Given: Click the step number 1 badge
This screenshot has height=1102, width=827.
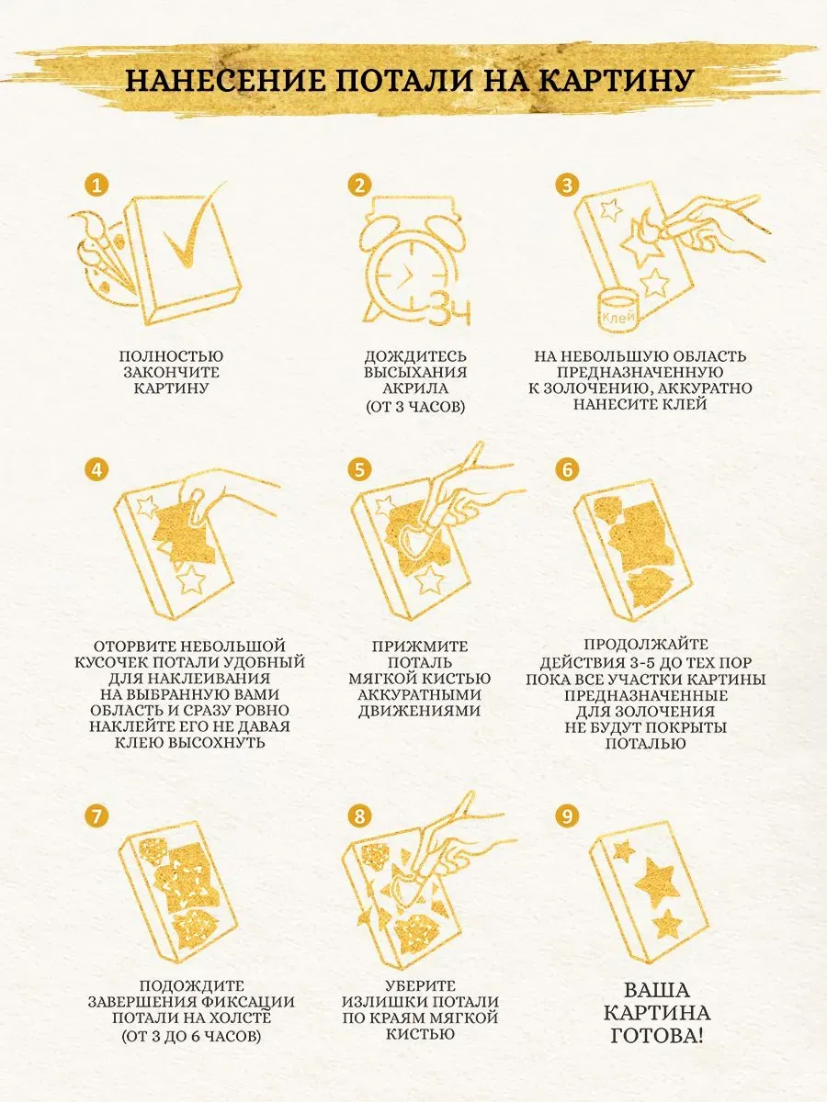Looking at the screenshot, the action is pos(96,186).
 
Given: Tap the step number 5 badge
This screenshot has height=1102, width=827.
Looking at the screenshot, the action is pos(359,470).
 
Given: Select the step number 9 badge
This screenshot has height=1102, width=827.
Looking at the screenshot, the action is pos(567,816).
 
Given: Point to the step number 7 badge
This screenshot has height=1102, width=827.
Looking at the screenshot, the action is pos(96,816).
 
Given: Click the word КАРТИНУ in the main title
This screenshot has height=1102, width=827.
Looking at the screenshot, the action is pos(617,80).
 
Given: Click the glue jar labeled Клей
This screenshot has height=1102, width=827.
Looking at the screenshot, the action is pos(618,309).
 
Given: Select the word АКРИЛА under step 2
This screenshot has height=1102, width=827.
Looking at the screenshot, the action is pos(415,388).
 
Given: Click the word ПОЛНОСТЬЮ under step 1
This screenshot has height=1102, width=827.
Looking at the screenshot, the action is pos(171,356).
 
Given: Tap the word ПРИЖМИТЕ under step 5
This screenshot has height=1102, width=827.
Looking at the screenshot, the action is pos(420,647).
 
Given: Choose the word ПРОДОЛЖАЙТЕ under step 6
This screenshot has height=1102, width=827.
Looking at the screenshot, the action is pos(646,645).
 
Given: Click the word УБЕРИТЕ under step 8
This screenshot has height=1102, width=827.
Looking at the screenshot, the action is pos(420,986).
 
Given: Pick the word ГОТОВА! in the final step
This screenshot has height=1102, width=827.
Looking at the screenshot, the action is pos(657,1035).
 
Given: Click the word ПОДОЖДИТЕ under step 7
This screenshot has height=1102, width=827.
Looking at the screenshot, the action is pos(191,986).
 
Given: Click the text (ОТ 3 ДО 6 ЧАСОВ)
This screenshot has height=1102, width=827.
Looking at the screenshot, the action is pos(191,1035).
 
